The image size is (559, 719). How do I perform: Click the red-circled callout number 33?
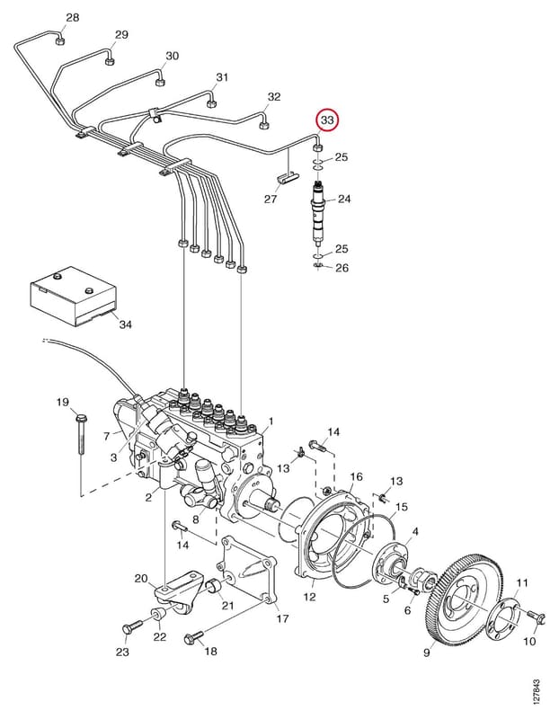click(x=328, y=120)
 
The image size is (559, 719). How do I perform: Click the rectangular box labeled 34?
click(x=73, y=297)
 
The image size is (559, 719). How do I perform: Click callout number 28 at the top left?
click(x=73, y=17)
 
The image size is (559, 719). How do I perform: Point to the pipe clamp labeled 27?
click(x=288, y=177)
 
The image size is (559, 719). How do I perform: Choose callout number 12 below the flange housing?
click(x=309, y=597)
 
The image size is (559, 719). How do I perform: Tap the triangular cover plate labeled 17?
click(x=248, y=572)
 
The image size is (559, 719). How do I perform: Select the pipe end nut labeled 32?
click(x=264, y=126)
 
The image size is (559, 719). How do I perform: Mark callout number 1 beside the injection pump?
click(x=271, y=421)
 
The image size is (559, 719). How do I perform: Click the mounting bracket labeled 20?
click(x=175, y=591)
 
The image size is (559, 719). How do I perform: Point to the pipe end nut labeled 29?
click(x=109, y=61)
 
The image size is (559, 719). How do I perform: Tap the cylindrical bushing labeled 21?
click(x=215, y=586)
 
